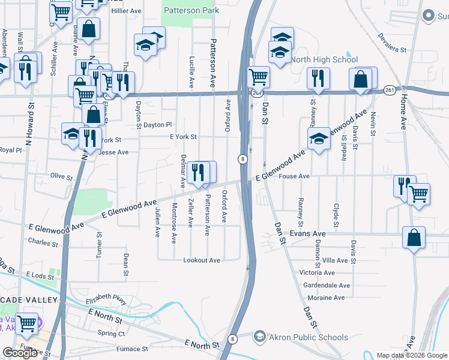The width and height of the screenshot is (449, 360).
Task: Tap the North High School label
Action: [324, 59]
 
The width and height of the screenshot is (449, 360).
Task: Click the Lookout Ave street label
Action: [202, 260]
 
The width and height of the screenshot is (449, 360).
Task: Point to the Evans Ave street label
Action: [307, 233]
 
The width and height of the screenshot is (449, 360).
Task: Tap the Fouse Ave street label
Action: [294, 176]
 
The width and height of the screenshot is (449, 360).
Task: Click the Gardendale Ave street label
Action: [327, 285]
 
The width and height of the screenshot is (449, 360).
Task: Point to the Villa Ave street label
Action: [335, 260]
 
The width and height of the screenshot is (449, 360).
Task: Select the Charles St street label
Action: [43, 242]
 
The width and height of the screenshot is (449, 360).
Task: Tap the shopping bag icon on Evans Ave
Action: [414, 237]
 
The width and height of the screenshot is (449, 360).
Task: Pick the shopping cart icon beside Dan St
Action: [258, 76]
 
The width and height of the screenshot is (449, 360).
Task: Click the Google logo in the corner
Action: [20, 353]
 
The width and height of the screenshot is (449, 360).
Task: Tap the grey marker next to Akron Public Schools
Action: [259, 335]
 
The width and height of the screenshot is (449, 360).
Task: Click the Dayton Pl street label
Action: [158, 125]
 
